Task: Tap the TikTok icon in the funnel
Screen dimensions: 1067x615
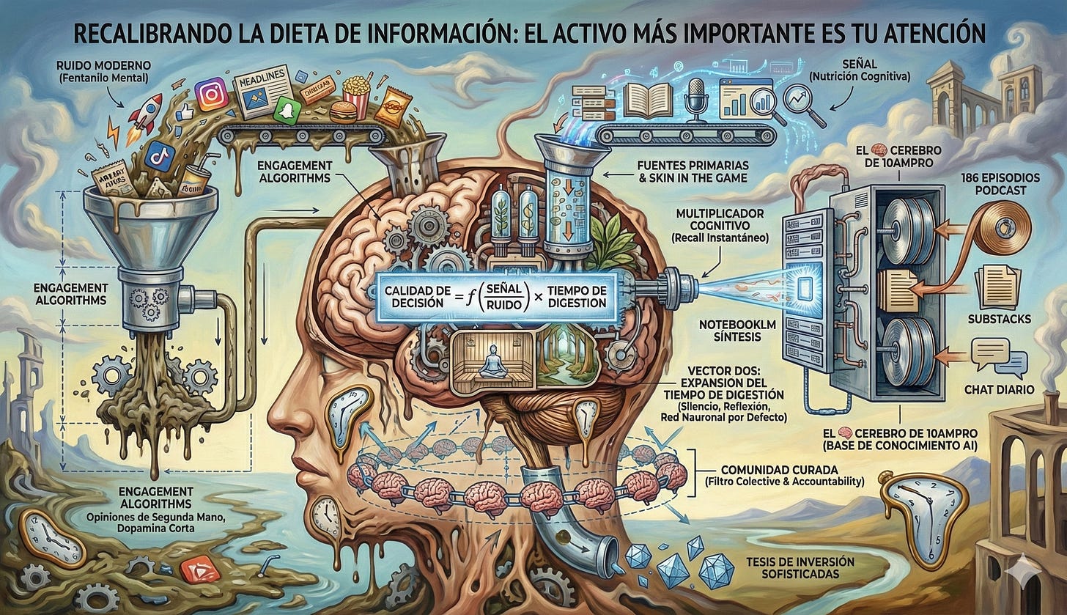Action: point(159,155)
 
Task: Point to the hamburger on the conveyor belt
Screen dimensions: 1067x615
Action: point(343,112)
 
